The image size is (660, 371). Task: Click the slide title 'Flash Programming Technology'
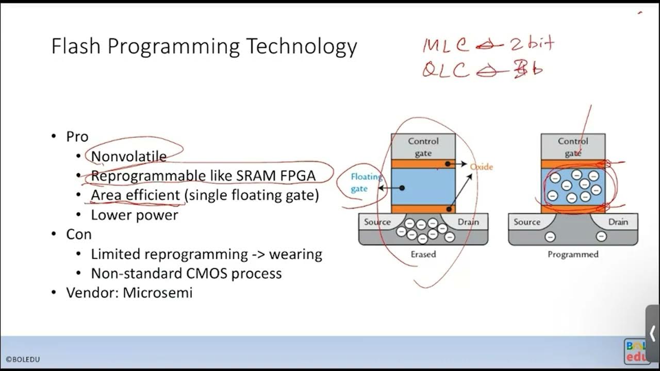click(204, 46)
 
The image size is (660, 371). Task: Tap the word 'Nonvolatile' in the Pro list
click(129, 156)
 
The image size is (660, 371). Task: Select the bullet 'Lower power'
click(134, 214)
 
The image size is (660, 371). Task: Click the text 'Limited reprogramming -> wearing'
click(206, 254)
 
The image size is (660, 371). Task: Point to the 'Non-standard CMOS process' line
click(186, 273)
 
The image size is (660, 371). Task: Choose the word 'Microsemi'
click(157, 293)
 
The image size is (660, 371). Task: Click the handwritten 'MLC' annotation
click(445, 45)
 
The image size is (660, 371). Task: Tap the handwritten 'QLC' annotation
click(445, 70)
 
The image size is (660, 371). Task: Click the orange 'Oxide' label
click(481, 167)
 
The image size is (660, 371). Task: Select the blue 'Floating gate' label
click(366, 183)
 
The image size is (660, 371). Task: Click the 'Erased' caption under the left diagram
click(423, 254)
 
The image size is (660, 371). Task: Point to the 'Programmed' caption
click(573, 254)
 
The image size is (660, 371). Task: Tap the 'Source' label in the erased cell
click(377, 222)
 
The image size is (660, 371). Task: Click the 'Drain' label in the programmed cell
click(618, 222)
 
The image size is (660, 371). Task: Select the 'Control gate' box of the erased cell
click(423, 147)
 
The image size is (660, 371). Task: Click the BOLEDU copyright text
click(23, 359)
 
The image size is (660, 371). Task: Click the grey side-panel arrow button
click(652, 333)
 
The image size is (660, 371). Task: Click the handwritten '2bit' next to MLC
click(532, 44)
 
